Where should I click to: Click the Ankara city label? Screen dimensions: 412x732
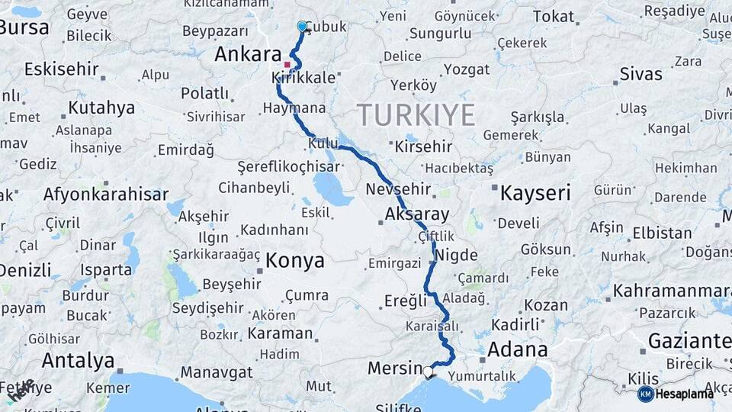[x=248, y=54]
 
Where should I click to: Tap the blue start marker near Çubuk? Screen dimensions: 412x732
[x=302, y=27]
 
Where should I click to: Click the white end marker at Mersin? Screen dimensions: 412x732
[x=429, y=372]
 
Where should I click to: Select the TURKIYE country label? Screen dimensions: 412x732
[x=416, y=115]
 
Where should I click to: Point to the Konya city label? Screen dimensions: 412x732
[x=294, y=261]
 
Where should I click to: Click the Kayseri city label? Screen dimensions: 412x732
[x=535, y=193]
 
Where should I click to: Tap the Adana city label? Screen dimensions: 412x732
[x=517, y=350]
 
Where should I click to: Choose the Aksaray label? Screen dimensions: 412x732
[x=417, y=214]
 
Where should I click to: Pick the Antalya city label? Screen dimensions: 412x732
[x=78, y=360]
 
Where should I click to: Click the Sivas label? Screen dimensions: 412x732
[x=640, y=75]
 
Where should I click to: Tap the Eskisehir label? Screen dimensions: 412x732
[x=62, y=69]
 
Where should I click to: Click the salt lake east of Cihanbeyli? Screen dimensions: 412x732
[x=329, y=187]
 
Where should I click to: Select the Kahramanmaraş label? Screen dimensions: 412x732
[x=671, y=291]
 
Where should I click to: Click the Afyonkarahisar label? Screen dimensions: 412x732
[x=105, y=194]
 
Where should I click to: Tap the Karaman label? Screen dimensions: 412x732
[x=281, y=333]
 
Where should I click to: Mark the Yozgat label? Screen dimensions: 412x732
[x=466, y=69]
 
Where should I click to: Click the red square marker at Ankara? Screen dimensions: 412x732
[x=287, y=65]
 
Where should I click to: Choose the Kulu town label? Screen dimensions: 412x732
[x=323, y=143]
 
